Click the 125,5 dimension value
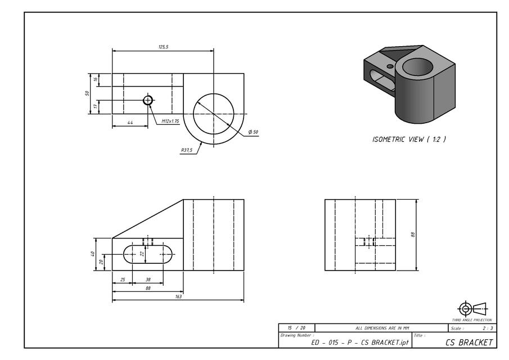coord(163,47)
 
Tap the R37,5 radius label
coord(187,150)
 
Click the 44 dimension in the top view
coord(130,122)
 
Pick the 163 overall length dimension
coord(178,297)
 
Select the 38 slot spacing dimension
coord(148,280)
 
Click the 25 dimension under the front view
coord(122,280)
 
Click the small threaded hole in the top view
coord(148,100)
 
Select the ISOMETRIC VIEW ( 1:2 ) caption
coord(409,139)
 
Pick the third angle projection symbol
coord(472,309)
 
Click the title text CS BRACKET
coord(469,342)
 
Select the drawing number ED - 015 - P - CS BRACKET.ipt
coord(360,342)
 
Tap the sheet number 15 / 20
coord(296,328)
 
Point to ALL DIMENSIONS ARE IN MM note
coord(382,328)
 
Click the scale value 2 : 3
coord(487,328)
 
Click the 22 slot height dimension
coord(142,254)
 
